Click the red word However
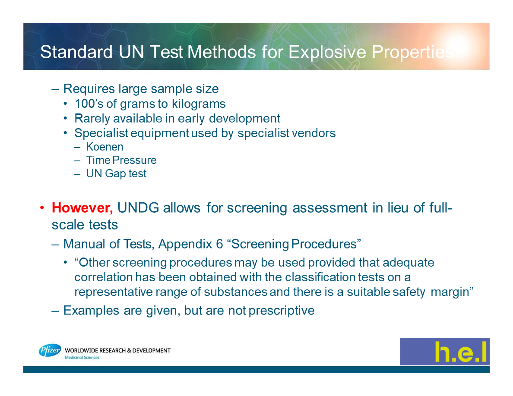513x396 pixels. tap(82, 208)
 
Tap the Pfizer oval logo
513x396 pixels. tap(50, 351)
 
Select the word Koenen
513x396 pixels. tap(104, 147)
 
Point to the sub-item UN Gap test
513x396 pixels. tap(116, 173)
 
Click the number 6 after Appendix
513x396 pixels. tap(219, 244)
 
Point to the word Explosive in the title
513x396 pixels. tap(327, 52)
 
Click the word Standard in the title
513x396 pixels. tap(76, 52)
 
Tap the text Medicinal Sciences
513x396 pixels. tap(82, 358)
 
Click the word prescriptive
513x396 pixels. tap(282, 311)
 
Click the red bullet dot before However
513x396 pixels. tap(42, 208)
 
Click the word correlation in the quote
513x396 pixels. tap(103, 277)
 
